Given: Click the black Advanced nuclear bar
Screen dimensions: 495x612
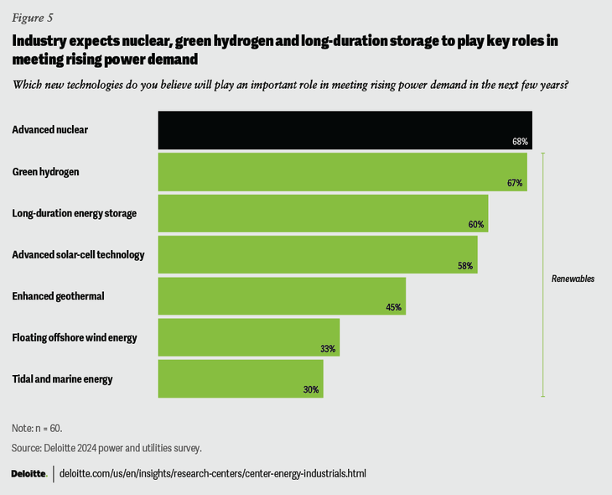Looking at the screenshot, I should click(x=345, y=130).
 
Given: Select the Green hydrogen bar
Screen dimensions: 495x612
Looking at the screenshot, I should click(x=342, y=171).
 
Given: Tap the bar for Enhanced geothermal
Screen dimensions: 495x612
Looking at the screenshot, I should click(x=282, y=295).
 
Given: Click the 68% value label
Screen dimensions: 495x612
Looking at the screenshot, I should click(x=520, y=142).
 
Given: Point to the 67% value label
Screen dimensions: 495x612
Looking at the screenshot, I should click(x=515, y=183).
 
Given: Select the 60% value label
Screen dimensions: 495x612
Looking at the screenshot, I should click(x=476, y=225).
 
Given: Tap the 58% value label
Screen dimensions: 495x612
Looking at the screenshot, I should click(x=465, y=266).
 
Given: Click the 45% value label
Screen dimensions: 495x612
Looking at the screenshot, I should click(x=393, y=307).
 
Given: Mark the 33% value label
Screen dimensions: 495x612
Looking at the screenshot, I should click(x=328, y=348).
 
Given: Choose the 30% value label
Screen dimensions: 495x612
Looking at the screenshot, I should click(x=311, y=390).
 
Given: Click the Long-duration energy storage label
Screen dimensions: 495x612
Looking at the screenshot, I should click(x=74, y=213).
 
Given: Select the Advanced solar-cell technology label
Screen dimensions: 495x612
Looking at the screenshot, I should click(x=79, y=254).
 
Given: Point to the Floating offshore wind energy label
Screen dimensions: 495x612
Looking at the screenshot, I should click(x=75, y=337).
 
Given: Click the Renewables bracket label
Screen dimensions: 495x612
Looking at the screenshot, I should click(x=573, y=279).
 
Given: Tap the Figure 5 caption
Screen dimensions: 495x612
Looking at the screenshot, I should click(x=30, y=16).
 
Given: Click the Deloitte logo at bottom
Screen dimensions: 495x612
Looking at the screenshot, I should click(x=29, y=474).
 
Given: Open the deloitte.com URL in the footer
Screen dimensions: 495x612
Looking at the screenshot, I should click(x=214, y=474).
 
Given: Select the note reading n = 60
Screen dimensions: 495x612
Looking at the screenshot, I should click(x=37, y=428).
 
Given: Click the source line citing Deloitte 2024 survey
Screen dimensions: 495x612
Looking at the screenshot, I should click(x=106, y=447).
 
